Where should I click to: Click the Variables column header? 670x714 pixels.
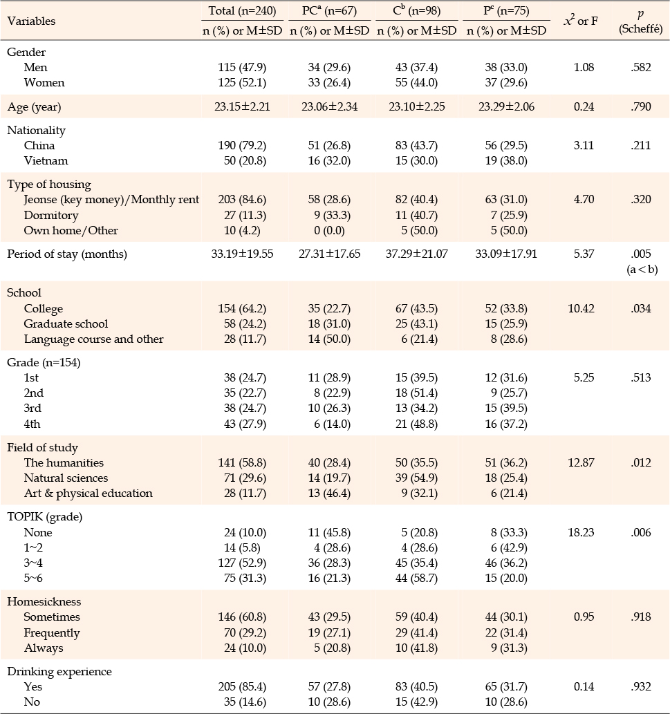(31, 21)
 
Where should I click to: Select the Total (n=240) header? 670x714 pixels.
(242, 10)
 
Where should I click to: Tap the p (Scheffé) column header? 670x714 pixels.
(640, 22)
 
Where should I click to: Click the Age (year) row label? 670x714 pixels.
(34, 107)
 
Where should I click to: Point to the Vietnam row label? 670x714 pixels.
(46, 161)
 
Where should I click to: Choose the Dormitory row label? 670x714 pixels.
(51, 215)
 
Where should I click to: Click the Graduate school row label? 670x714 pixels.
(66, 323)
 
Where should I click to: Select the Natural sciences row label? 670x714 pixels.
(66, 478)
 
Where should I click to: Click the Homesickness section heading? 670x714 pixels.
(44, 601)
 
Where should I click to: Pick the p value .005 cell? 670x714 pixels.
(641, 254)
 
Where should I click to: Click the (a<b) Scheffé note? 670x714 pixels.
(642, 269)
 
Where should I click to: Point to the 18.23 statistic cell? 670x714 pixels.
(581, 532)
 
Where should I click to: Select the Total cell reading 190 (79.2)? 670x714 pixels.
(242, 146)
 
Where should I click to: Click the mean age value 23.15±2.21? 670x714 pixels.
(242, 107)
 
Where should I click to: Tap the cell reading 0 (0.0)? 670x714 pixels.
(329, 230)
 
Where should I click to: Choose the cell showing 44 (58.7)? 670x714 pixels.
(417, 579)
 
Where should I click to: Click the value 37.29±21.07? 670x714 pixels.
(417, 254)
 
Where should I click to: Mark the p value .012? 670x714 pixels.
(641, 462)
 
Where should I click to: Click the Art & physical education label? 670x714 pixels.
(89, 493)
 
